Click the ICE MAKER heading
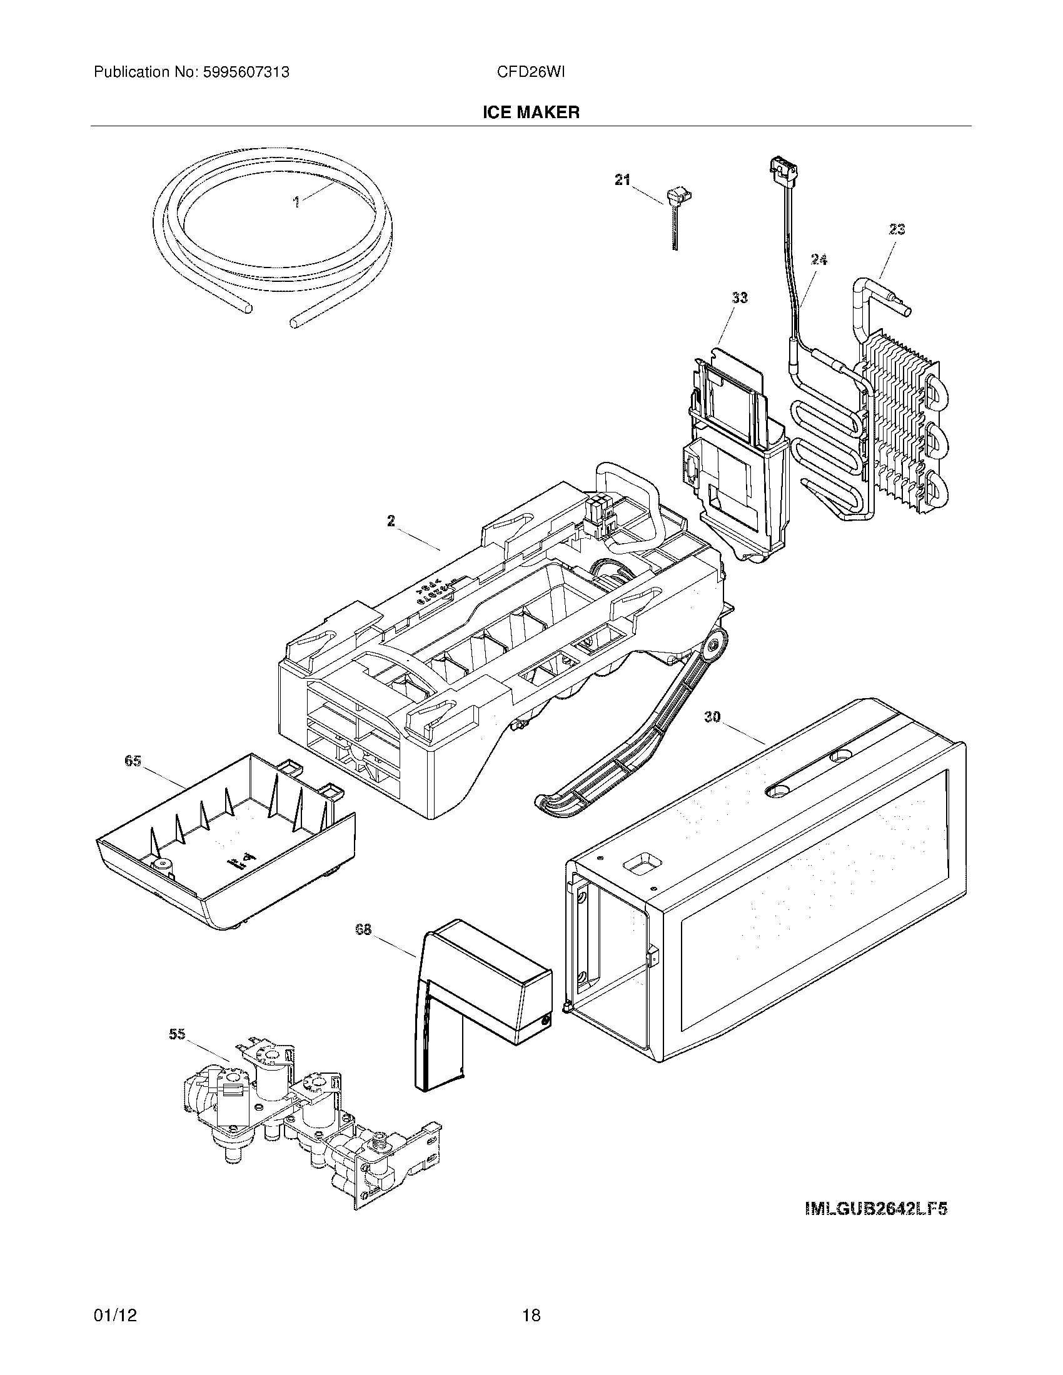coord(531,112)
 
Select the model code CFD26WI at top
coord(530,72)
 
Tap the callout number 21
coord(622,180)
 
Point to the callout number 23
coord(897,230)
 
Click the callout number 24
coord(819,259)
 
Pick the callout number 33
coord(739,297)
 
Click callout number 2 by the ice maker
coord(391,521)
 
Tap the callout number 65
coord(132,761)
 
